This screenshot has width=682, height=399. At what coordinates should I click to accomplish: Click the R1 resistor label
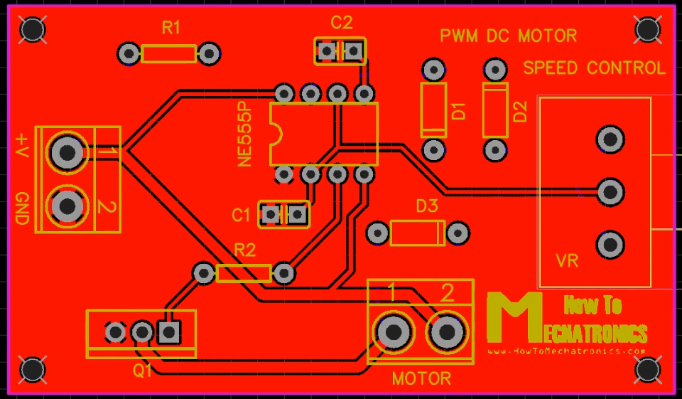tap(171, 28)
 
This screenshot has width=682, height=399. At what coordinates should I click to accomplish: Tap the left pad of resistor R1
tap(129, 53)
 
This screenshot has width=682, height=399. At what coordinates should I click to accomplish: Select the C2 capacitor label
tap(341, 23)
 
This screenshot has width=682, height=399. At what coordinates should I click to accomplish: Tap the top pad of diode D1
tap(433, 70)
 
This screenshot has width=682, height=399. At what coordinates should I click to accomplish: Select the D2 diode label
tap(520, 112)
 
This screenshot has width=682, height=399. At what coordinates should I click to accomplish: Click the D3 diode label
tap(426, 207)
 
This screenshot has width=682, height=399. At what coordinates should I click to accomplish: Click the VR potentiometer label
tap(567, 261)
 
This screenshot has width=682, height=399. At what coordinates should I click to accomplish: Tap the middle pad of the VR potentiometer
tap(610, 191)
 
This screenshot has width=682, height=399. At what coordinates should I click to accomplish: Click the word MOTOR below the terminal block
tap(421, 378)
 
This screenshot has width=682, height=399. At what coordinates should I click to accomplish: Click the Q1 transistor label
tap(143, 370)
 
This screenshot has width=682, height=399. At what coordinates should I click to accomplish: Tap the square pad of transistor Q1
tap(168, 331)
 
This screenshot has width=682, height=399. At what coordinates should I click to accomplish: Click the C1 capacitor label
tap(241, 214)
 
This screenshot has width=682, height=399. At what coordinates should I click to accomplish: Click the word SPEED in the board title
tap(551, 68)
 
